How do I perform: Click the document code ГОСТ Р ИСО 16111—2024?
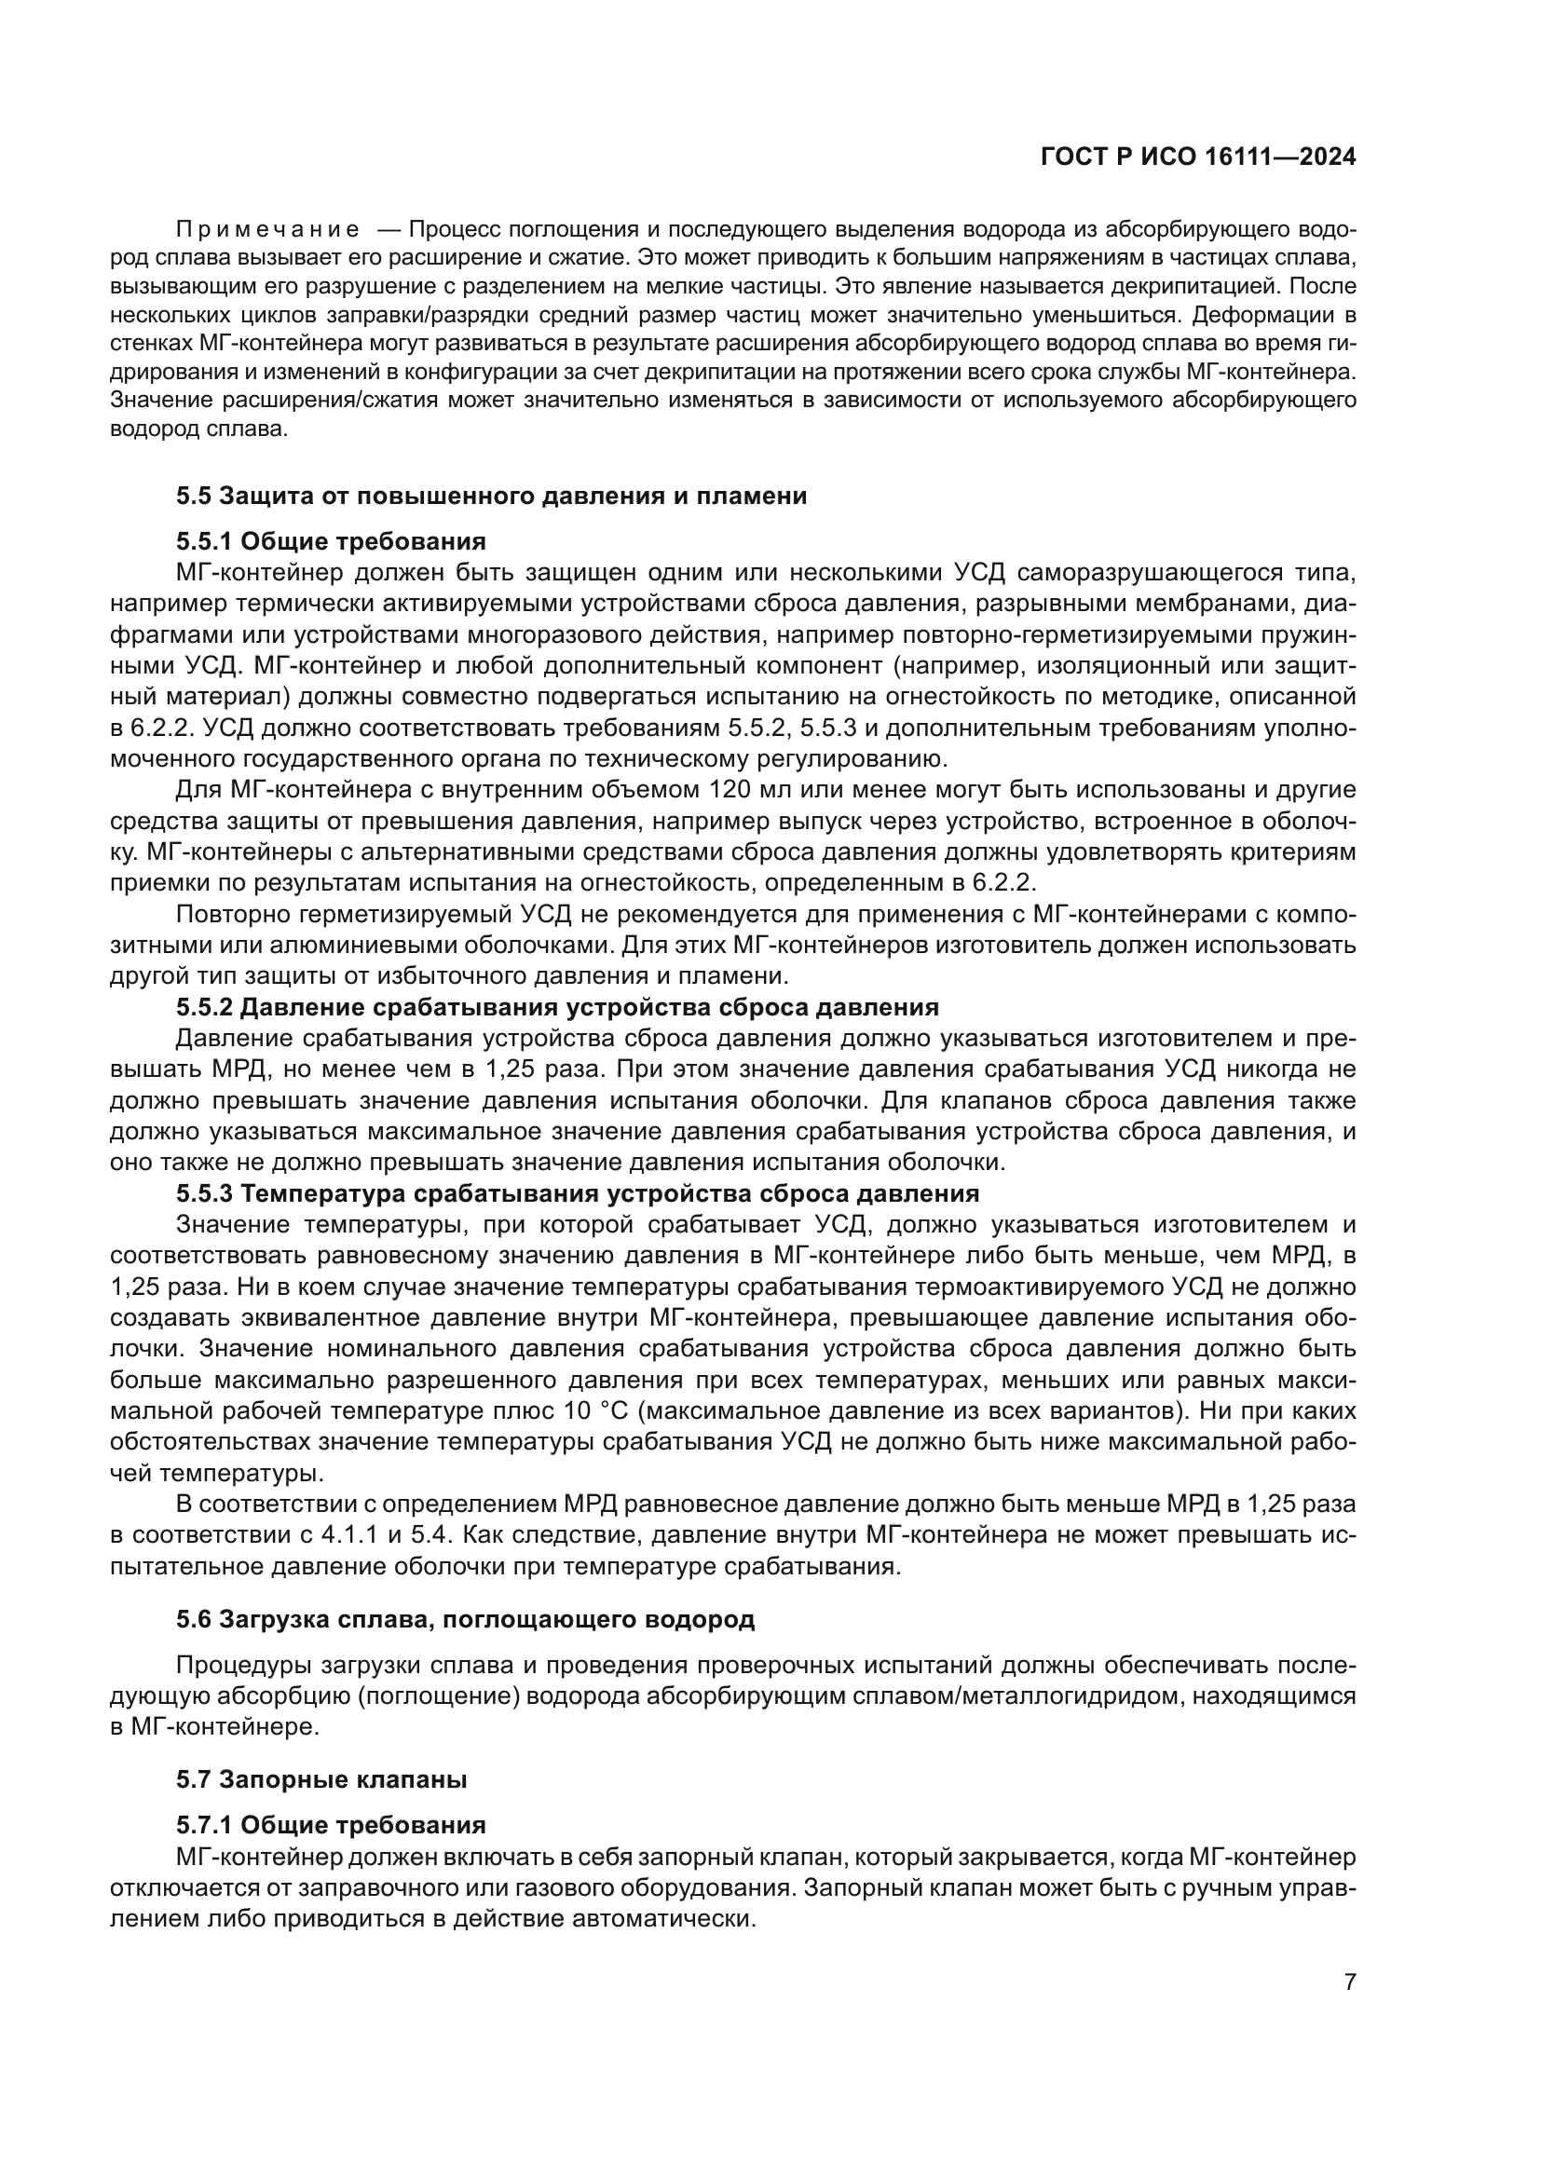[1197, 157]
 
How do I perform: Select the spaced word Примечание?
[267, 230]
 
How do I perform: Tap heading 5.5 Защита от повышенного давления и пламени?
[491, 496]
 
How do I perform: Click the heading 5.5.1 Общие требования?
[330, 542]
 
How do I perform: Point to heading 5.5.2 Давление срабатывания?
[557, 1007]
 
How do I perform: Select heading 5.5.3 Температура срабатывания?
[577, 1193]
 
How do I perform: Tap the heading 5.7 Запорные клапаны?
[320, 1779]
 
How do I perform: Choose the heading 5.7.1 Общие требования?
[330, 1825]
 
